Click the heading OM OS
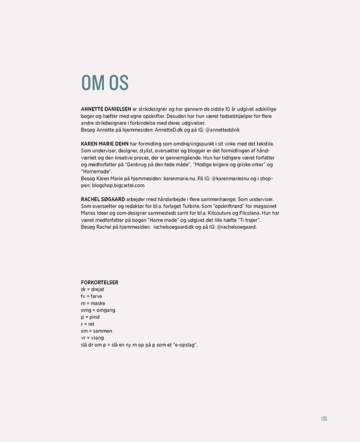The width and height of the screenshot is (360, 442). pyautogui.click(x=104, y=83)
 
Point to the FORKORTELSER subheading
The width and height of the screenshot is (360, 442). pyautogui.click(x=100, y=282)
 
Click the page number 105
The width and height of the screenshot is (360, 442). pyautogui.click(x=323, y=419)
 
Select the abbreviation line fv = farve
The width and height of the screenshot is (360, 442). pyautogui.click(x=91, y=297)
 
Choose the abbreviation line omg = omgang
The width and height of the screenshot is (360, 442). pyautogui.click(x=98, y=310)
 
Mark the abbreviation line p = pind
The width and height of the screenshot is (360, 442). pyautogui.click(x=90, y=317)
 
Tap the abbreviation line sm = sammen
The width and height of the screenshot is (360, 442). pyautogui.click(x=97, y=331)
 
